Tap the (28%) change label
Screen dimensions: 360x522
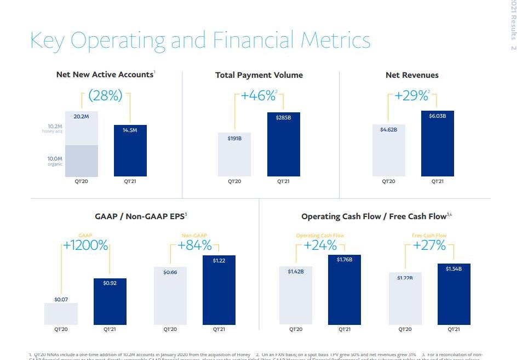click(105, 96)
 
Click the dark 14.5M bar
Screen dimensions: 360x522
click(130, 151)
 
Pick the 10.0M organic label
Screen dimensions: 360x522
click(55, 161)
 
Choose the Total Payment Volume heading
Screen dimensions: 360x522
click(259, 75)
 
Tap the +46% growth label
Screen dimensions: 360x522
click(259, 96)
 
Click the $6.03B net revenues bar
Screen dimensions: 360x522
click(437, 144)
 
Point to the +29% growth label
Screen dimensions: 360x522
click(412, 96)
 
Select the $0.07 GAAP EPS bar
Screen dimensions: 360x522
click(61, 313)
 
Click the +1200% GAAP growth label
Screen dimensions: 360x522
click(85, 245)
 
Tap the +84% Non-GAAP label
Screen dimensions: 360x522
click(194, 245)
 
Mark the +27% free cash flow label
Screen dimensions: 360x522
click(429, 245)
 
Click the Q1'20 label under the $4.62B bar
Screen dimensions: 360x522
click(388, 182)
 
